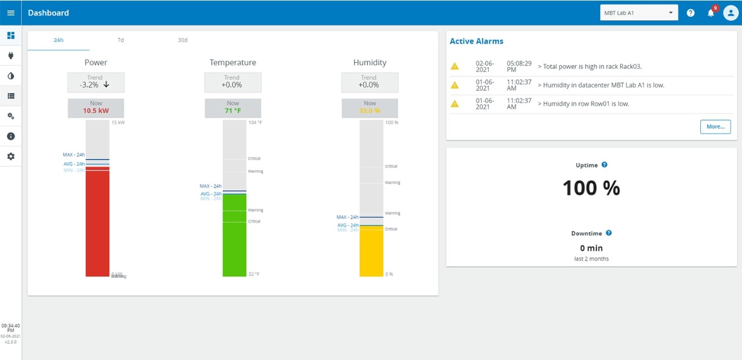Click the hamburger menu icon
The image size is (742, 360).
click(x=10, y=13)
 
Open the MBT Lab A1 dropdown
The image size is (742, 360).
click(x=639, y=13)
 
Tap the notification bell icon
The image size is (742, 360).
click(x=711, y=13)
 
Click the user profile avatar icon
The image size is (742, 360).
click(x=730, y=13)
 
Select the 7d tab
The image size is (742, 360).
click(x=121, y=40)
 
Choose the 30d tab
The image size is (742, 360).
click(x=183, y=40)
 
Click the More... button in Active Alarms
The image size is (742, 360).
click(x=715, y=126)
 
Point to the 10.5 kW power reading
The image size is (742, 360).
click(x=96, y=111)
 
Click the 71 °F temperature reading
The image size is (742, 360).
click(x=232, y=111)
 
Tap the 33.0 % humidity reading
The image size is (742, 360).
click(x=369, y=111)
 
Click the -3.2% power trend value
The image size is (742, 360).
click(x=90, y=85)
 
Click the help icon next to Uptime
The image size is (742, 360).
click(x=605, y=165)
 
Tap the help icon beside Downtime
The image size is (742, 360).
click(x=609, y=233)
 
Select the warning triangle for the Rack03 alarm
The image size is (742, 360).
click(x=455, y=67)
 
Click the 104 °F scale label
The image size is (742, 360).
click(x=254, y=123)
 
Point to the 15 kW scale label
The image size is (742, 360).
click(x=118, y=123)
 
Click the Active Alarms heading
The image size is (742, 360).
click(x=477, y=41)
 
